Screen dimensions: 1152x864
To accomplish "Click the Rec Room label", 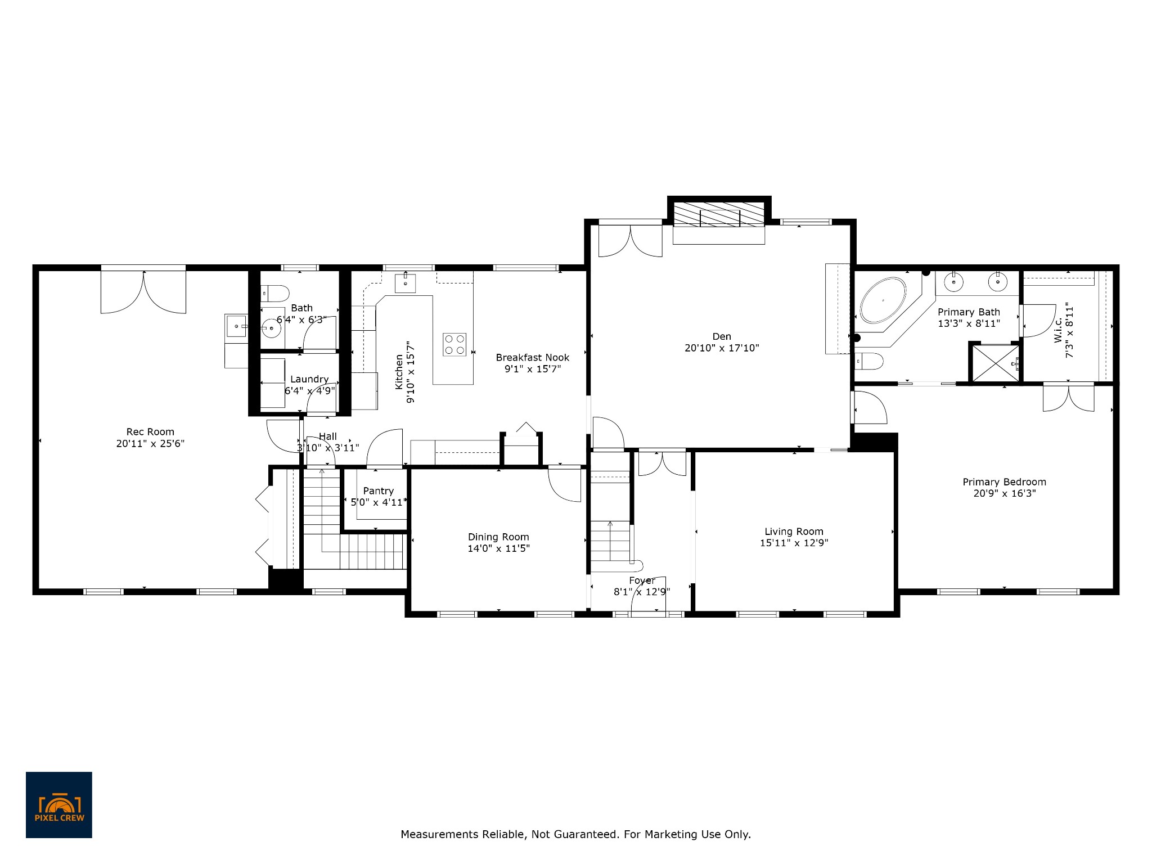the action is (150, 432).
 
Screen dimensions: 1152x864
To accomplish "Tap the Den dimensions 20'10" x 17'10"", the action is (722, 348).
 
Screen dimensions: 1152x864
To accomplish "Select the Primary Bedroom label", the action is (1004, 482).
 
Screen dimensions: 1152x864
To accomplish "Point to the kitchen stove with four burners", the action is (454, 345).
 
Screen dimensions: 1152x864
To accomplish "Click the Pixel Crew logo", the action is (59, 805).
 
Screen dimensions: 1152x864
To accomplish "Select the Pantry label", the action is (378, 491).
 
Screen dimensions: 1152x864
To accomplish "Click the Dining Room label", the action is (498, 537).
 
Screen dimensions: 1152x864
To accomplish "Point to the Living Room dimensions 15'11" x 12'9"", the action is (794, 543).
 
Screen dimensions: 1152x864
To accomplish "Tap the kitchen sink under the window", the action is (406, 282).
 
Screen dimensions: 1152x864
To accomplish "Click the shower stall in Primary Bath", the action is (996, 363).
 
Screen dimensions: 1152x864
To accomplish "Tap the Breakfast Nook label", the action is (532, 358).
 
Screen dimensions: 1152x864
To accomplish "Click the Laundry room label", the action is (309, 380).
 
